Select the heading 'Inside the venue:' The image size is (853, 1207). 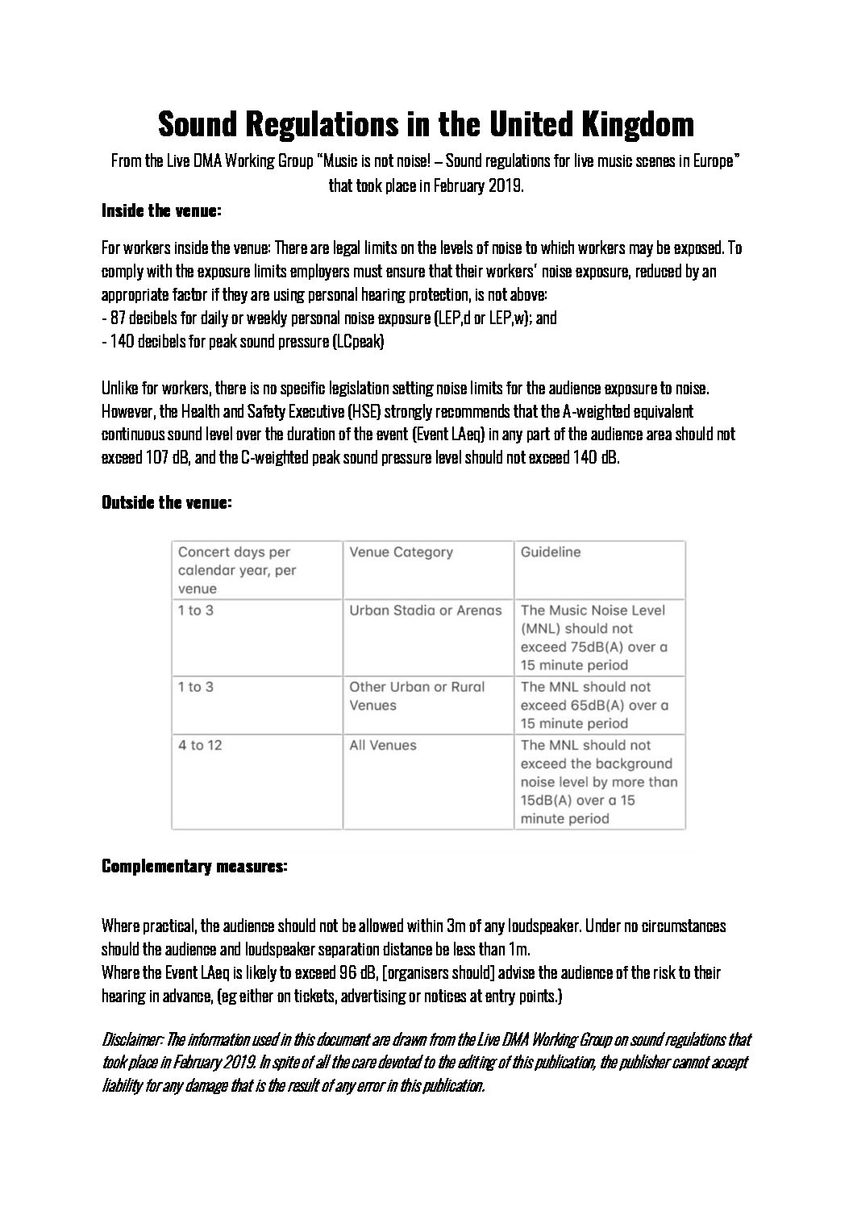click(x=161, y=211)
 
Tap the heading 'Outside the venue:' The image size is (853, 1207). click(x=167, y=502)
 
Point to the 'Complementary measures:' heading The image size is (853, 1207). click(x=193, y=867)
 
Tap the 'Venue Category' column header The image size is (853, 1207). click(x=401, y=552)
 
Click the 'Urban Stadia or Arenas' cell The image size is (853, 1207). click(x=425, y=610)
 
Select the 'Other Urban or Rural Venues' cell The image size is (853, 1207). click(x=417, y=696)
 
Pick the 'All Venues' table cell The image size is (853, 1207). click(x=382, y=745)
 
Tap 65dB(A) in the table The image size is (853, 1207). click(x=597, y=705)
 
